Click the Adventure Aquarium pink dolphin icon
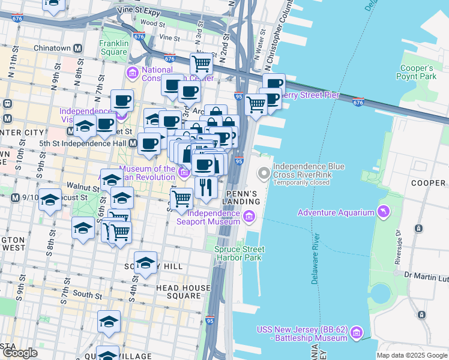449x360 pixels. click(x=382, y=212)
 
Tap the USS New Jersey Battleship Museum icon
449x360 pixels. click(x=357, y=332)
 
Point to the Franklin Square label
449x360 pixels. click(x=114, y=48)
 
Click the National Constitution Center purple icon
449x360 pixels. click(x=133, y=73)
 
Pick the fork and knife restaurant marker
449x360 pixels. click(x=206, y=187)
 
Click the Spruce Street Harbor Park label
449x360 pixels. click(x=239, y=253)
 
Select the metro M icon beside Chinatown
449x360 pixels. click(x=77, y=48)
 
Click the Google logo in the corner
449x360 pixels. click(x=20, y=353)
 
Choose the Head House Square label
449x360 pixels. click(x=183, y=292)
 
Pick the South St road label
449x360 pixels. click(x=87, y=295)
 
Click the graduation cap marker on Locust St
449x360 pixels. click(x=50, y=200)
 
